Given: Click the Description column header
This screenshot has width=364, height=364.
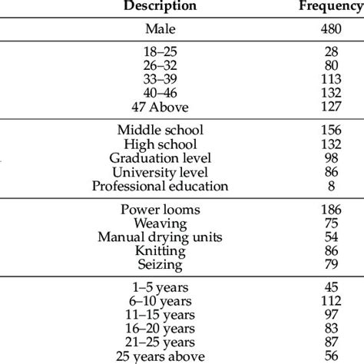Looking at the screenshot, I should point(160,6).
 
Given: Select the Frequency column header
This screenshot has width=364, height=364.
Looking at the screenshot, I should point(329,6).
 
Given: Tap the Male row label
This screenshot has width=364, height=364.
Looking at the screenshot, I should point(160,30).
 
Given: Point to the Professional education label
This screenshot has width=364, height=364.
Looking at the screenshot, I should point(160,187).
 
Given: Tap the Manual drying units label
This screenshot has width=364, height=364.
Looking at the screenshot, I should point(160,237).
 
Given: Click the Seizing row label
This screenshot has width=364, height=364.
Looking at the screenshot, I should point(160,264).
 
